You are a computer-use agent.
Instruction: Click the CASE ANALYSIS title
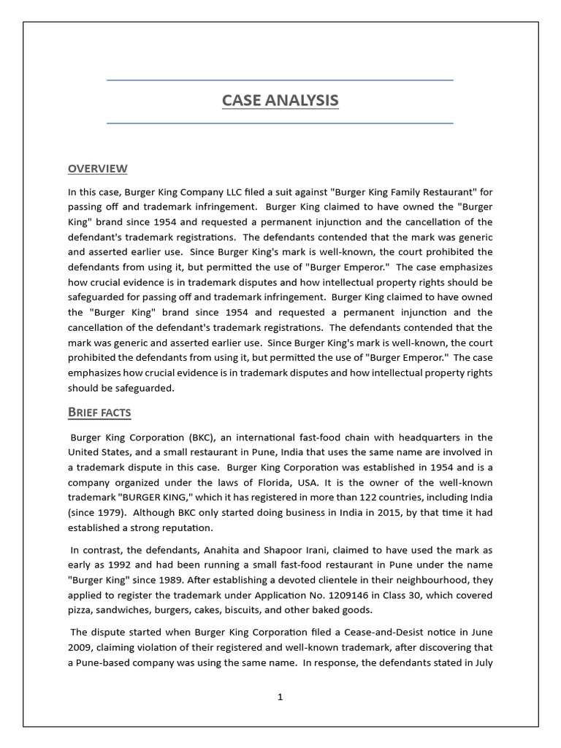[x=280, y=101]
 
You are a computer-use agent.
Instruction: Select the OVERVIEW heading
[x=97, y=169]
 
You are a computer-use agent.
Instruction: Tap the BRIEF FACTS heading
[x=99, y=413]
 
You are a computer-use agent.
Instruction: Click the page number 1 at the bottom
[x=280, y=697]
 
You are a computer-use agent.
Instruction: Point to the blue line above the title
[x=280, y=80]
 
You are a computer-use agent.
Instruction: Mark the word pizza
[x=81, y=610]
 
